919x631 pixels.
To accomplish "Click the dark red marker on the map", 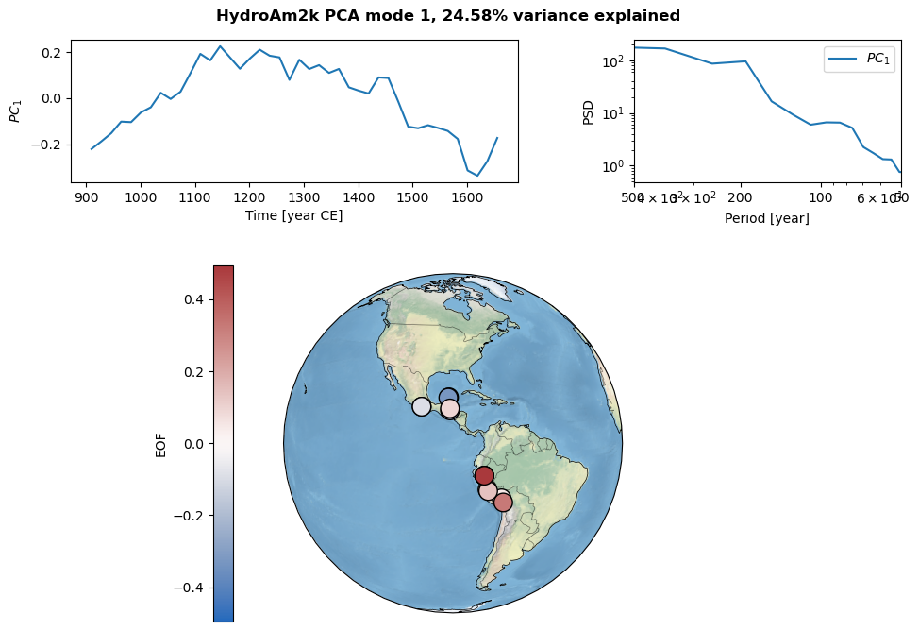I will tap(484, 475).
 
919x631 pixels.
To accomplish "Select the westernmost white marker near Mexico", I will tap(422, 406).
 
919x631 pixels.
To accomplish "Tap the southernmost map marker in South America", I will tap(503, 503).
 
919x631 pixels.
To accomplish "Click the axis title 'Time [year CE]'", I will tap(294, 215).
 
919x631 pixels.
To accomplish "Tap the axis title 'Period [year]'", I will tap(766, 218).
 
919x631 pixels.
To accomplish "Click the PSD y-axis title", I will tap(589, 111).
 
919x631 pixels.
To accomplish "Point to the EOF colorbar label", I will tap(160, 443).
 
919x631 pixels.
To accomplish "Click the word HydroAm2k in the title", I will tap(259, 16).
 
